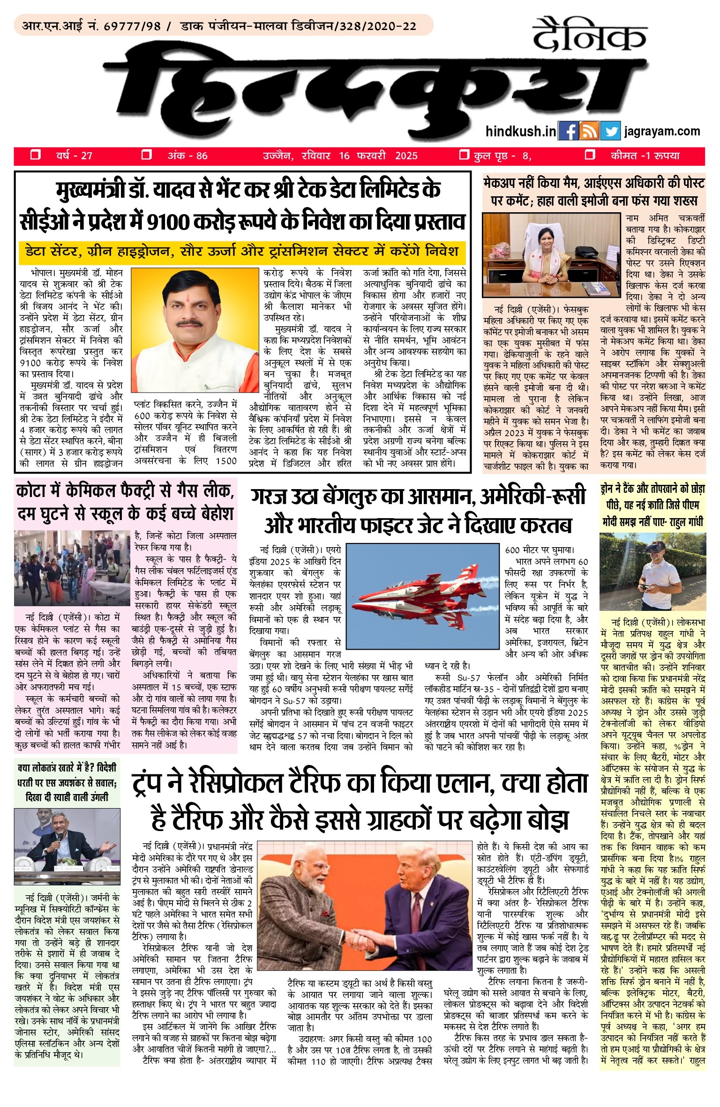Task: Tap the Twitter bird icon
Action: [610, 131]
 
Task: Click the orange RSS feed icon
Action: [589, 131]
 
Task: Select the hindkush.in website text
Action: [521, 131]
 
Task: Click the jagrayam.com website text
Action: [662, 131]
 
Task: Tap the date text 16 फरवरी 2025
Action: [378, 156]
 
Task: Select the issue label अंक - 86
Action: [187, 156]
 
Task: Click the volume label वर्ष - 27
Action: [74, 156]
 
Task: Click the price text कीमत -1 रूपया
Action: [645, 156]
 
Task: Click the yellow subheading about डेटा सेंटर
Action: [242, 252]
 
